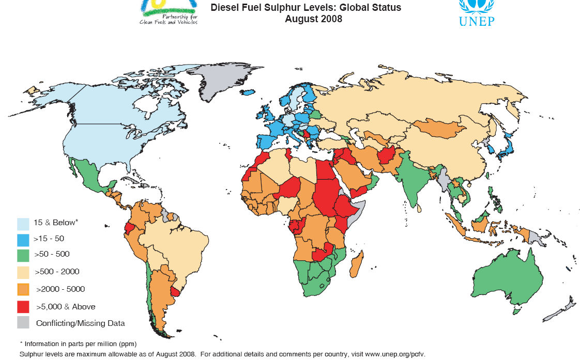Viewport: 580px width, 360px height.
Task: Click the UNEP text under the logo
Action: pyautogui.click(x=476, y=21)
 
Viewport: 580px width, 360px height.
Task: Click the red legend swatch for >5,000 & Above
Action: pyautogui.click(x=23, y=306)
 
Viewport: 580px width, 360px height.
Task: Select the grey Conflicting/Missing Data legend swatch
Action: pyautogui.click(x=23, y=323)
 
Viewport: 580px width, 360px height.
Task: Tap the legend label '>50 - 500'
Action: pyautogui.click(x=52, y=254)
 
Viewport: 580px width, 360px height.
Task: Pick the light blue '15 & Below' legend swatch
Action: pyautogui.click(x=23, y=223)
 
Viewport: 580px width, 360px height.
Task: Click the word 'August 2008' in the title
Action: pyautogui.click(x=313, y=19)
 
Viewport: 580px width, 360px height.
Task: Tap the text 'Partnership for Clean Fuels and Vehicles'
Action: pyautogui.click(x=169, y=19)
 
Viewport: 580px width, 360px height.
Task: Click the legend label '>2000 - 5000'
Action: pyautogui.click(x=59, y=289)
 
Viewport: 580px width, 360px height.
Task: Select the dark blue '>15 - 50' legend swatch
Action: pyautogui.click(x=23, y=239)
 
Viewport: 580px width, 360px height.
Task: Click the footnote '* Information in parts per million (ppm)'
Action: pyautogui.click(x=78, y=343)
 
